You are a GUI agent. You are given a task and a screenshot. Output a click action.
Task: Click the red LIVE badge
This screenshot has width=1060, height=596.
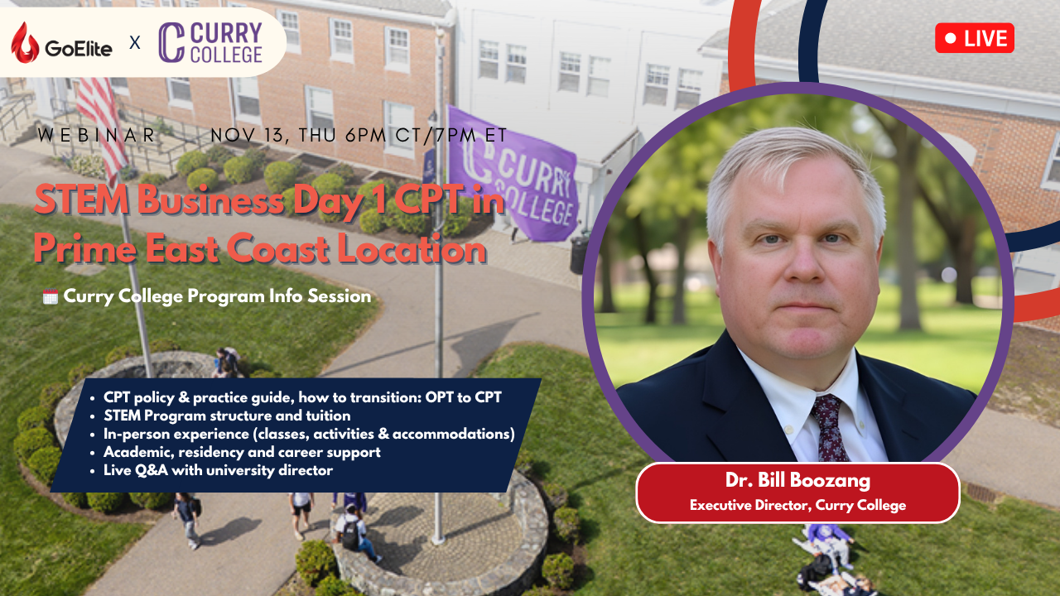975,38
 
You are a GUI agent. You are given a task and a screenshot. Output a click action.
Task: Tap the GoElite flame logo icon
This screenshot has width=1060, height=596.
25,42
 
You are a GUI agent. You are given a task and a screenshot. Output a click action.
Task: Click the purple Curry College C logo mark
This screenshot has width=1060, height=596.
171,42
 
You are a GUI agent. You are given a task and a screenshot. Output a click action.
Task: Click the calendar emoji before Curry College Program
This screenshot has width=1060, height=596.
50,296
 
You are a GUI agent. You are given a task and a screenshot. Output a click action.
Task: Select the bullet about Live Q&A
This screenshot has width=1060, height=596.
218,470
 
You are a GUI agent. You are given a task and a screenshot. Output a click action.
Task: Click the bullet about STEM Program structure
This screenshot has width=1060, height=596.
227,416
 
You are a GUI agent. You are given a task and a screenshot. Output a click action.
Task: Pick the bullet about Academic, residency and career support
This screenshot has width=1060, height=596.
242,452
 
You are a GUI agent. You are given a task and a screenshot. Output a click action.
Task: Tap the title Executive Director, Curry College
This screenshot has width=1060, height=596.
797,505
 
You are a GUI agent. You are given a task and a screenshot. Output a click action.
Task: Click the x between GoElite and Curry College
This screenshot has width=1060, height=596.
135,42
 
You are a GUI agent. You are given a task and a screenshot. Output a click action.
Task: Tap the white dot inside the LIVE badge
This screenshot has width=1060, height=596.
951,38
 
